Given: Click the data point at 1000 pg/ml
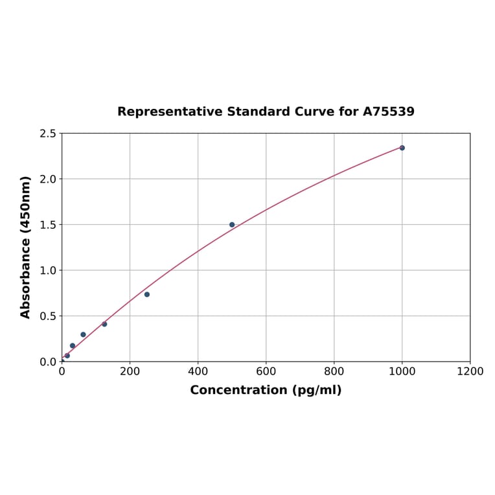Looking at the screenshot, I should [402, 148].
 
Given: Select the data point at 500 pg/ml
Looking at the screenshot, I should [232, 225].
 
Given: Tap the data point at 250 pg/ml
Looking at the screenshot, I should [147, 294].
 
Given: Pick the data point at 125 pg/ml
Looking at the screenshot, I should [104, 324].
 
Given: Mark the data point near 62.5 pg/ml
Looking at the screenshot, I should [83, 334].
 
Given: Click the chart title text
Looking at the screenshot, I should [266, 111].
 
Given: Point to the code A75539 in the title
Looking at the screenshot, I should [388, 111].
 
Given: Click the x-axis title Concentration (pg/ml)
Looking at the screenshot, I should [266, 390].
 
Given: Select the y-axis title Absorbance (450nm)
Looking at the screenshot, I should [26, 247].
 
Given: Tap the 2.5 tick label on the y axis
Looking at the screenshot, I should [48, 133].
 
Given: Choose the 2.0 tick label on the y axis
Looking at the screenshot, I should [48, 179].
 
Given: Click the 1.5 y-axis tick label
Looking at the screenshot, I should [48, 225].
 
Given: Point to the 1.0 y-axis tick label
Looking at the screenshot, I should [48, 270].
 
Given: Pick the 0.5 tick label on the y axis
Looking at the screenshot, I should [48, 316].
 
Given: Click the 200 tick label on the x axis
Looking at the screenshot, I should [130, 371].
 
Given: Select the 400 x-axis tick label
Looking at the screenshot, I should [198, 371].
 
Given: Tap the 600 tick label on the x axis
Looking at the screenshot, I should [266, 371].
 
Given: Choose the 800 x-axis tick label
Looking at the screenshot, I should [334, 371].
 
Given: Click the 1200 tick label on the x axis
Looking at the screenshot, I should [470, 371].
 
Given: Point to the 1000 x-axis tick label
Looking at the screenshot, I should [402, 371].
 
